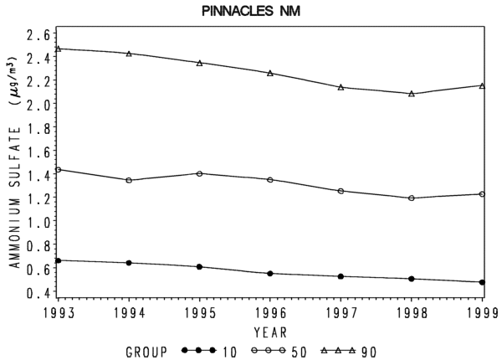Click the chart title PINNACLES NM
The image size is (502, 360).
251,11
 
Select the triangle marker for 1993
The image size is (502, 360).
58,49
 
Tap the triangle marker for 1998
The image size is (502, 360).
412,94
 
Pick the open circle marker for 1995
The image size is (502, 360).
199,173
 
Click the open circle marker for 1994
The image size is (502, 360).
129,180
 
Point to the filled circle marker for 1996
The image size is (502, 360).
270,274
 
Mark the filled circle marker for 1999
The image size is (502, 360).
482,282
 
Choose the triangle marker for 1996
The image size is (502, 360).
270,73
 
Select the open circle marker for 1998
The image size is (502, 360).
412,198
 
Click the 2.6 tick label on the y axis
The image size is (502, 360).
38,35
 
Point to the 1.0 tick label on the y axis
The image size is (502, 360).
38,222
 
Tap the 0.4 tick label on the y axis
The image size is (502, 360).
38,292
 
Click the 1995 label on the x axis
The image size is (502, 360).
200,313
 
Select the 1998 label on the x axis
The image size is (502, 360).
412,313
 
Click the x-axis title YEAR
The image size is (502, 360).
270,332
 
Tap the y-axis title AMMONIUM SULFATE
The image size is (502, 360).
15,198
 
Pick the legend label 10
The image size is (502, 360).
229,352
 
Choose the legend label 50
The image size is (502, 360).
299,352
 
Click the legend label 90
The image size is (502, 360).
369,352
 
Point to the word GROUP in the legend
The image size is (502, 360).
146,352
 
